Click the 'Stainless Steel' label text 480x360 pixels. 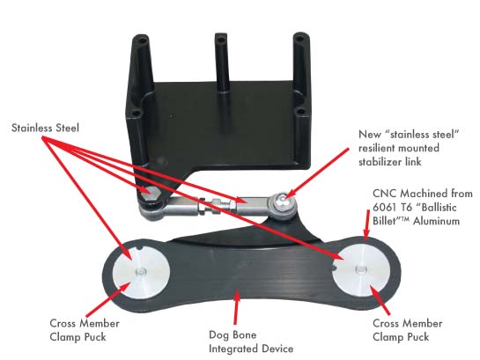pos(45,128)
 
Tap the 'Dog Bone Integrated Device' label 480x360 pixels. pos(251,342)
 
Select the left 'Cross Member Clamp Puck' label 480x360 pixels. pos(85,330)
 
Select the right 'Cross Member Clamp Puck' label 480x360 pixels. pos(408,330)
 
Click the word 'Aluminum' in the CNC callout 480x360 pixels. pos(437,221)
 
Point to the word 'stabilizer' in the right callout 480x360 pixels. pos(380,161)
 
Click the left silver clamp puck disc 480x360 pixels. pos(141,272)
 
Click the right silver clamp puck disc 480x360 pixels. pos(361,270)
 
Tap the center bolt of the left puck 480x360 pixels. pos(141,271)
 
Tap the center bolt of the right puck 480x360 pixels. pos(361,269)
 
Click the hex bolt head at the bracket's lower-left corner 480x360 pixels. pos(149,194)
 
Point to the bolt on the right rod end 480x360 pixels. pos(282,202)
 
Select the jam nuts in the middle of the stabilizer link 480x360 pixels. pos(209,205)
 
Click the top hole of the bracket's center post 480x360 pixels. pos(220,39)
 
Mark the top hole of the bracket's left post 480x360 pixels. pos(141,40)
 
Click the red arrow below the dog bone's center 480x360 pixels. pos(236,307)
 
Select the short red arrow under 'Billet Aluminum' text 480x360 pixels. pos(366,224)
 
